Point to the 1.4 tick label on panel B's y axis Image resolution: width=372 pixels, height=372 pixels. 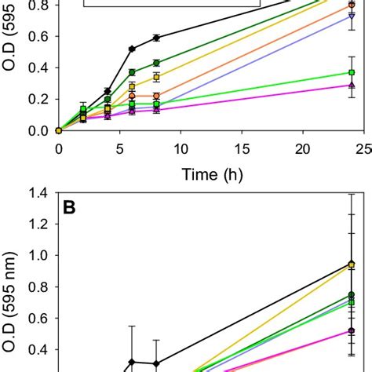(x=38, y=193)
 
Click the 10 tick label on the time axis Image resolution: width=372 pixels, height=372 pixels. (x=181, y=147)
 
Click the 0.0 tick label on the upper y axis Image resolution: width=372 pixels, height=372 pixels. (x=38, y=130)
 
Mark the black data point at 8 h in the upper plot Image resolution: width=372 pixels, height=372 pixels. (x=157, y=38)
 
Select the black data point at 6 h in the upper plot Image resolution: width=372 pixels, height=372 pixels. (x=132, y=49)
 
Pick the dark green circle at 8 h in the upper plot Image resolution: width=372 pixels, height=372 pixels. (x=157, y=63)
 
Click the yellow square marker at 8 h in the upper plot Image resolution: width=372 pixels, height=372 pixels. (x=157, y=77)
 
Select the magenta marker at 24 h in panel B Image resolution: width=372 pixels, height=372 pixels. (x=352, y=331)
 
